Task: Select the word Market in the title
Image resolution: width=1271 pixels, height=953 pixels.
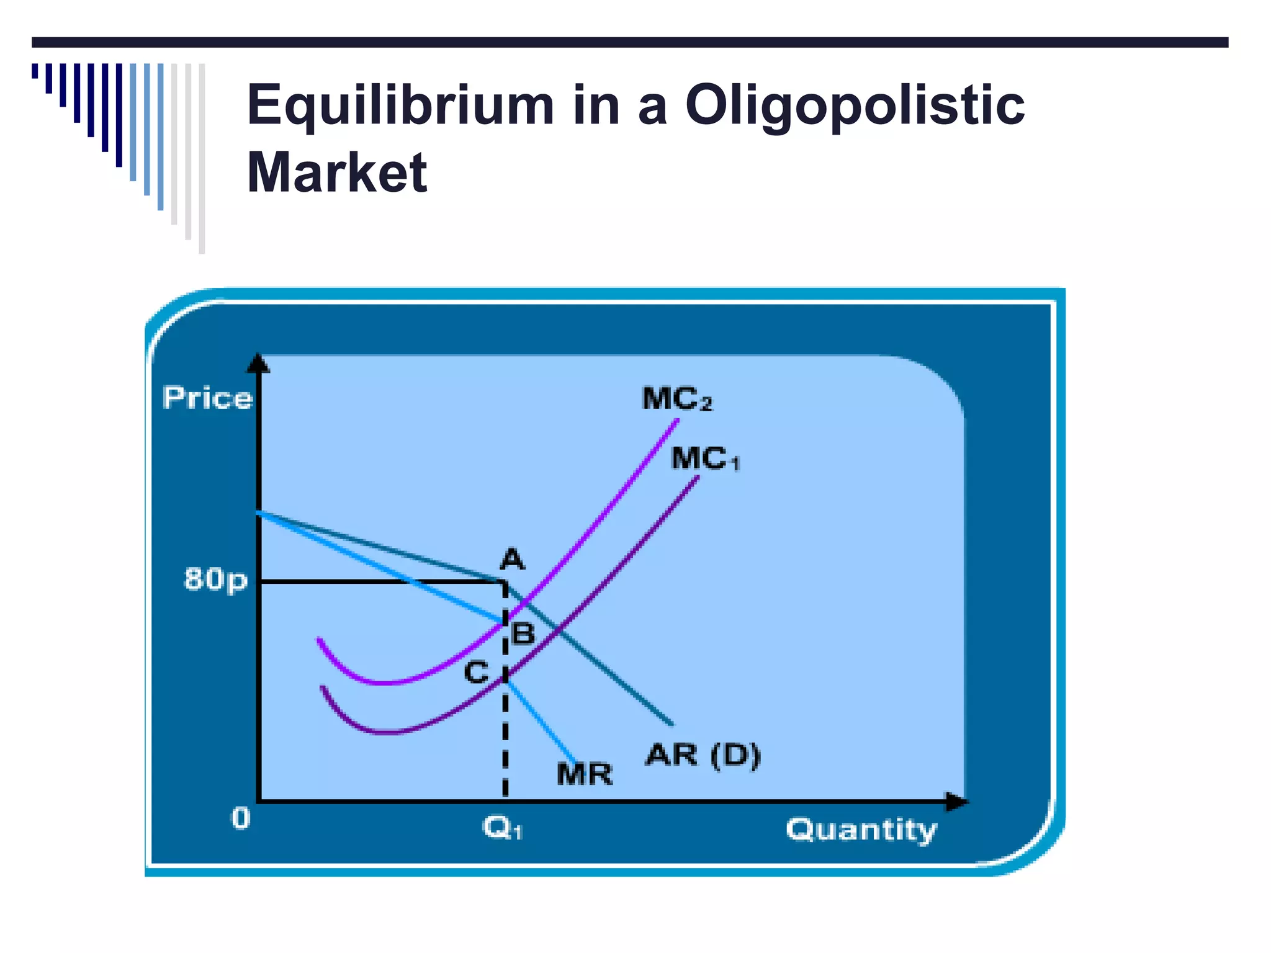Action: click(337, 172)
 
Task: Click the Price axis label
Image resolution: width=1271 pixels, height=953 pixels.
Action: click(207, 398)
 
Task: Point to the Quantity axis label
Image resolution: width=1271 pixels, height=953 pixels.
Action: click(861, 830)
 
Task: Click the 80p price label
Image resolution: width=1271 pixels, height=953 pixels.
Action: click(215, 579)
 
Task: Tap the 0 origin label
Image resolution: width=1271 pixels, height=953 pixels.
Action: click(241, 819)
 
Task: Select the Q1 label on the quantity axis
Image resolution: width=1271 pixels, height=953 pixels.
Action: click(503, 828)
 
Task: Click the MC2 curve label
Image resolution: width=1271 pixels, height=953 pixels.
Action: click(677, 399)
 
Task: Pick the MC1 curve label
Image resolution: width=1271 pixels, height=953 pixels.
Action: click(706, 459)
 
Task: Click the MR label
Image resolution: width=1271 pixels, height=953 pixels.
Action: click(585, 774)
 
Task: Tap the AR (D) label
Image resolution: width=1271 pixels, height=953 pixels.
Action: click(703, 755)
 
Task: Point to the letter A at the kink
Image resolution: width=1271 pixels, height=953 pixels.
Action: click(513, 560)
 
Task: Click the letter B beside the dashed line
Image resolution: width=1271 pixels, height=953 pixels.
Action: click(523, 634)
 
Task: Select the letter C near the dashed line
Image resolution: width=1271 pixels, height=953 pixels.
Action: click(477, 673)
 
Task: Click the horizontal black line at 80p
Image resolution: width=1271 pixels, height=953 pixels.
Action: click(379, 581)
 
